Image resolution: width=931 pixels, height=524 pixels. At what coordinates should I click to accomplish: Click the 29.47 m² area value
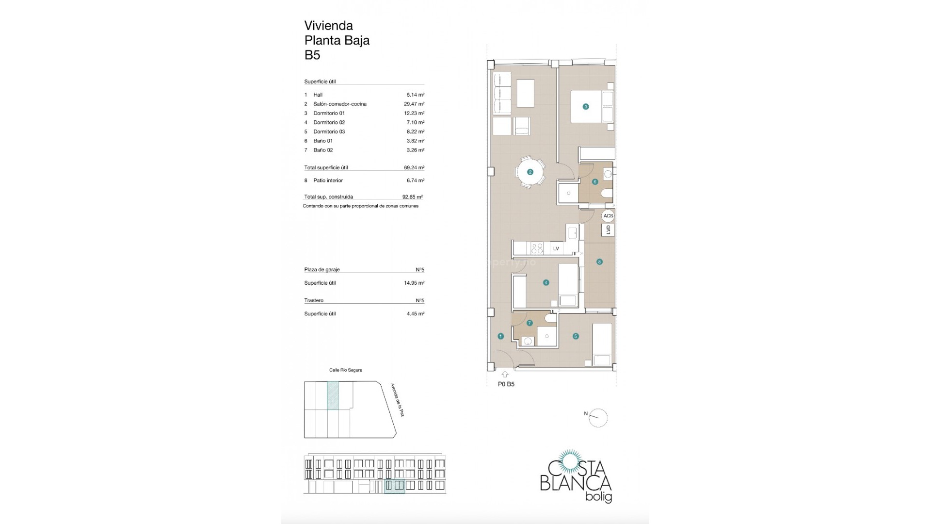point(414,104)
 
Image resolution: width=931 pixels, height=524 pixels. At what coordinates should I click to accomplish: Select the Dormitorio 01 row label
point(329,113)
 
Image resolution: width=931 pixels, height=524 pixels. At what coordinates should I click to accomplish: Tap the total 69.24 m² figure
point(414,167)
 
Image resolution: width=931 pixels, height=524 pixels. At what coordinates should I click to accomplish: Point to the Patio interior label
point(328,180)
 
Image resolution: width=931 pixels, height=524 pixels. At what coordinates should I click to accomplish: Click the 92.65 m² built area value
point(413,197)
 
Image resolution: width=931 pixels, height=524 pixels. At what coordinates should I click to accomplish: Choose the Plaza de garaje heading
point(322,270)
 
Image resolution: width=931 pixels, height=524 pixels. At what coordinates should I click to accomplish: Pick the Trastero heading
point(314,301)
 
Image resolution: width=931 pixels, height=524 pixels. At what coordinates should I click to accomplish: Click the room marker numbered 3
point(586,107)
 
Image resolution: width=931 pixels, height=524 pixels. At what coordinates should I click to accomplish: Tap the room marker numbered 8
point(599,262)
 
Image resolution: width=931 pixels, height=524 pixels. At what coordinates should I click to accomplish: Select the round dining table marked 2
point(530,172)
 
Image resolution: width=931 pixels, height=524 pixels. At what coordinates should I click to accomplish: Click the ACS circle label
point(608,216)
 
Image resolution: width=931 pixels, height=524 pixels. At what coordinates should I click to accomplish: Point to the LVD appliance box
point(608,230)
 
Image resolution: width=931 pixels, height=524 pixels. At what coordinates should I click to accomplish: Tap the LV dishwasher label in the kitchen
point(556,249)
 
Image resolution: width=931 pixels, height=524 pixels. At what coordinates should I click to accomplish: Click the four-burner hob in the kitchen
point(537,248)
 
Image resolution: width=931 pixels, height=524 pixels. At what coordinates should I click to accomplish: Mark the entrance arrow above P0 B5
point(505,374)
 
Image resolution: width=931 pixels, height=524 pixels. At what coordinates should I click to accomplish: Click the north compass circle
point(598,418)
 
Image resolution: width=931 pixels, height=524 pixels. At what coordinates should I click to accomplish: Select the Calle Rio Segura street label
point(346,370)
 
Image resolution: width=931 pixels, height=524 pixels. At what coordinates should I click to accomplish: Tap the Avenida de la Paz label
point(397,400)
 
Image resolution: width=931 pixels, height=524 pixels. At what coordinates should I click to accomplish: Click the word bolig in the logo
point(599,497)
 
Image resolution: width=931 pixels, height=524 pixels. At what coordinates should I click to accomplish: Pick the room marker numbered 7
point(530,323)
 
